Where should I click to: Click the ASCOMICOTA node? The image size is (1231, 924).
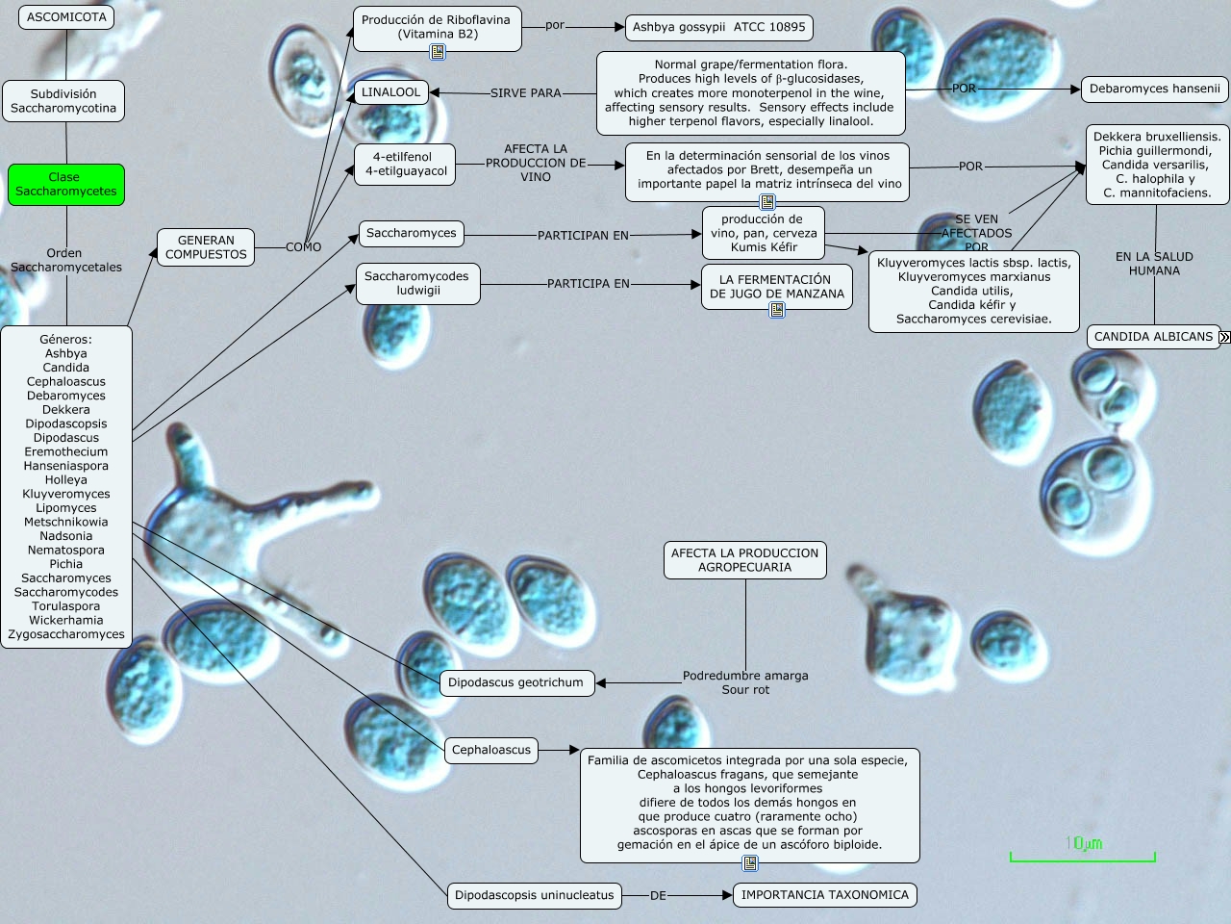[66, 17]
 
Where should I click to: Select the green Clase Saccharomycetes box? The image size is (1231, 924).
[66, 184]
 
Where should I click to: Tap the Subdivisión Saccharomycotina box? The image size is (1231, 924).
[65, 101]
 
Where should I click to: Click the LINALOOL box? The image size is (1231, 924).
[391, 92]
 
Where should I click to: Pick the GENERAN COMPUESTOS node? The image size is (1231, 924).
[206, 247]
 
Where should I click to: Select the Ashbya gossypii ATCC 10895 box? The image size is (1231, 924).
[718, 27]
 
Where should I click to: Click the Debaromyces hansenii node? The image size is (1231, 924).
[1154, 89]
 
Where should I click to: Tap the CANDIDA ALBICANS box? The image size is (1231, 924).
[1153, 337]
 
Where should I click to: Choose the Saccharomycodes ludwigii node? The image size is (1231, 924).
[417, 283]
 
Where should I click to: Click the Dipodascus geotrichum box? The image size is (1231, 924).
[515, 682]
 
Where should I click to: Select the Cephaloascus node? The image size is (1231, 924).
[491, 750]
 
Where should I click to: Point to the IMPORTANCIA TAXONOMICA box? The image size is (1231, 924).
[824, 895]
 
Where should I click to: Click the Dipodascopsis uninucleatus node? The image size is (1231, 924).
[534, 895]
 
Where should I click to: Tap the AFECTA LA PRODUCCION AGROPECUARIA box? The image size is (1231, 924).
[744, 560]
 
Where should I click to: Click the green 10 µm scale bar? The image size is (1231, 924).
[1082, 855]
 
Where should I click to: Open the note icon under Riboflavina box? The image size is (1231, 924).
[438, 52]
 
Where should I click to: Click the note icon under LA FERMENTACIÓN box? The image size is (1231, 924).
[777, 310]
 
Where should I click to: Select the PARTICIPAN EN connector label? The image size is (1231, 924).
[583, 235]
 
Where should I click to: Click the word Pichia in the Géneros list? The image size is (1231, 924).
[66, 564]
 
